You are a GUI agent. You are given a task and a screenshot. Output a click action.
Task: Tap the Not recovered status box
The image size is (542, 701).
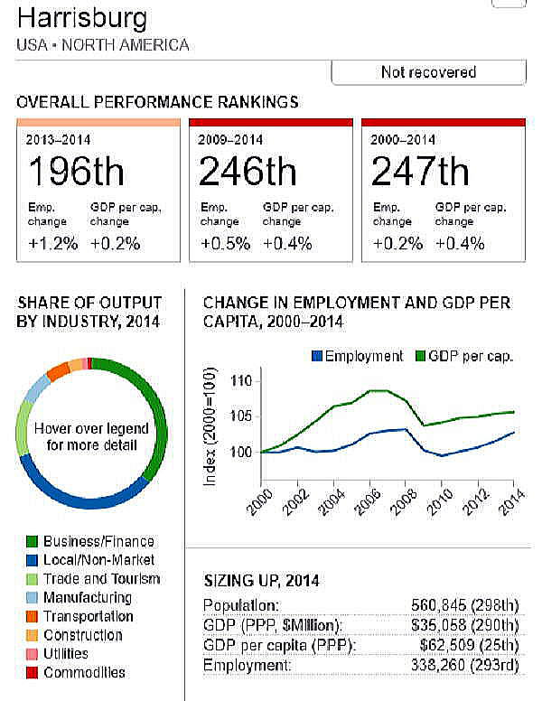point(428,72)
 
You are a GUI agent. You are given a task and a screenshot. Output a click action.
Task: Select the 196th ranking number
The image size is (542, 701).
point(76,173)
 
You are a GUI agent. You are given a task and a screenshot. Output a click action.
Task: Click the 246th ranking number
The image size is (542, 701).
point(248,173)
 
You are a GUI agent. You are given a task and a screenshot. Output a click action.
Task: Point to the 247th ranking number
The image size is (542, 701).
point(420,173)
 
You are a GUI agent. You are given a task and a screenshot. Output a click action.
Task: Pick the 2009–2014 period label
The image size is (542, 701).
point(231,140)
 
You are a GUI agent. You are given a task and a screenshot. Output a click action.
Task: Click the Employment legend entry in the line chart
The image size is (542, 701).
point(357,356)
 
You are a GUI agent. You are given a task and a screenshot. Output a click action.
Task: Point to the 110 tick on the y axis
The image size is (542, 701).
point(240,381)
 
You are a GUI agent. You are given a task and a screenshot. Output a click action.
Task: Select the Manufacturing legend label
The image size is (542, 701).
point(87,598)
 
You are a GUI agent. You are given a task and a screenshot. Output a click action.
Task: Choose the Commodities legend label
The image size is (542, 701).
point(84,672)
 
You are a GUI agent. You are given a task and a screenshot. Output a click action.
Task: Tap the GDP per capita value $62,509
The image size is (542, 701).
point(469,646)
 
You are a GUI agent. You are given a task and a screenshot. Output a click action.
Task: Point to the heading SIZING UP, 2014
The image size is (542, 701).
point(261,581)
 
